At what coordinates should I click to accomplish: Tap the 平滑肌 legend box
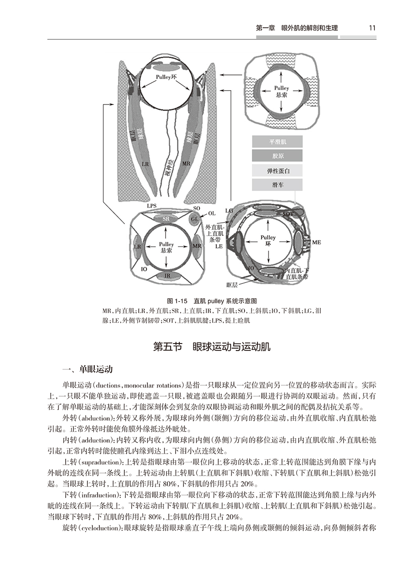pyautogui.click(x=277, y=142)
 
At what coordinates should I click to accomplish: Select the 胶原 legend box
pyautogui.click(x=277, y=156)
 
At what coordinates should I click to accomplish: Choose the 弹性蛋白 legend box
pyautogui.click(x=277, y=171)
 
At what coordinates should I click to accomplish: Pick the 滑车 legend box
pyautogui.click(x=277, y=185)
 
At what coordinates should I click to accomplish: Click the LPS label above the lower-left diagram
pyautogui.click(x=152, y=205)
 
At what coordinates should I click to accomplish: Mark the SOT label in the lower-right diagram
pyautogui.click(x=288, y=214)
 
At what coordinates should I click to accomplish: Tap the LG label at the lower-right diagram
pyautogui.click(x=229, y=210)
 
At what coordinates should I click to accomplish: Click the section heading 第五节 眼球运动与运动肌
pyautogui.click(x=211, y=346)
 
